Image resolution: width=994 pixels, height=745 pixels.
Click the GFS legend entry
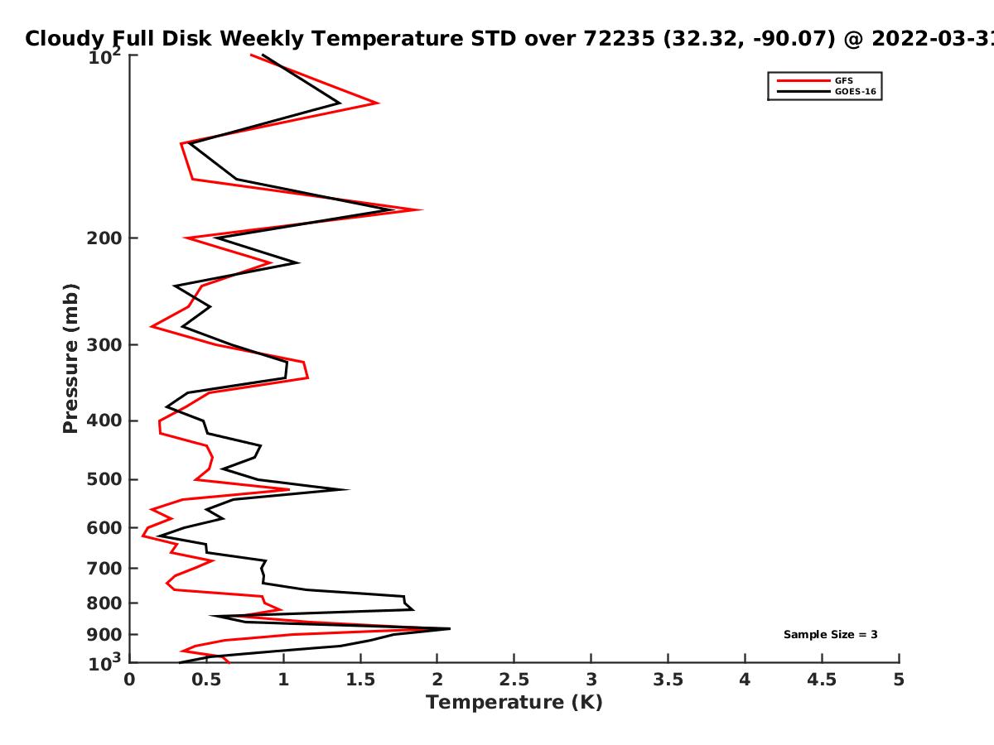(845, 80)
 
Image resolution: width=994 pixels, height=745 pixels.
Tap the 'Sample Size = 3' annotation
(830, 635)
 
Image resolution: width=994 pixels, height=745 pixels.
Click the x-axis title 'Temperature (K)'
(514, 703)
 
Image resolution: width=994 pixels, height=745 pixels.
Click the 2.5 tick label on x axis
(514, 680)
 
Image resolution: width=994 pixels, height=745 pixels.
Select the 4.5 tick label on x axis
(822, 680)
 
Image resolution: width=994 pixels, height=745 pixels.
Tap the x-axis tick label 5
(899, 680)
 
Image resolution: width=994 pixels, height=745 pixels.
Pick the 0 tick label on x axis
(129, 680)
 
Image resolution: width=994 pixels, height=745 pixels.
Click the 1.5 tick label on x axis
(360, 680)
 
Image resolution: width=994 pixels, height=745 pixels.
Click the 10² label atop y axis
(104, 56)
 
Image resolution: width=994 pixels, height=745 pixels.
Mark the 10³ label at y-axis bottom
(104, 661)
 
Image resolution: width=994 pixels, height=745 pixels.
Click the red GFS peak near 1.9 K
(422, 209)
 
